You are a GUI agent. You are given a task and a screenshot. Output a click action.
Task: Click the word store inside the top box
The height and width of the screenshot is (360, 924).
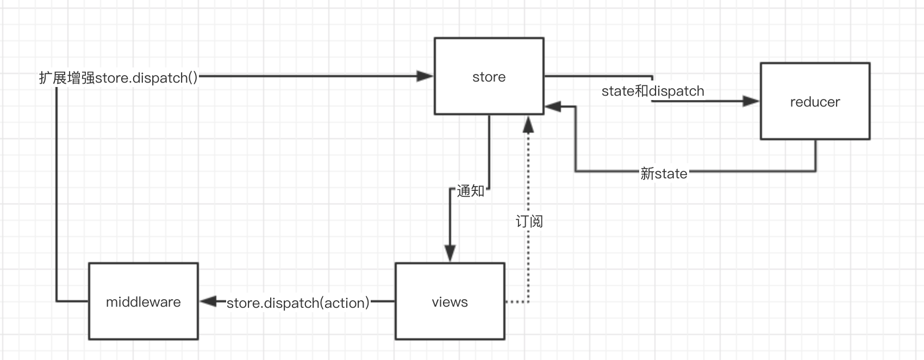click(x=489, y=77)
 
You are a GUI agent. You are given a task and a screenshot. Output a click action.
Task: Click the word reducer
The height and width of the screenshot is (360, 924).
click(x=815, y=102)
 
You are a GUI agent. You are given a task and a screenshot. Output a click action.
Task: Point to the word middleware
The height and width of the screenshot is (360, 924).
click(x=143, y=302)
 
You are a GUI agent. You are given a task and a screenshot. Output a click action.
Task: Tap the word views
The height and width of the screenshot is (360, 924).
click(x=449, y=302)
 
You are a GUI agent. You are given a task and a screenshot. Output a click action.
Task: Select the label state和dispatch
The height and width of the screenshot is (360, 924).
click(x=653, y=91)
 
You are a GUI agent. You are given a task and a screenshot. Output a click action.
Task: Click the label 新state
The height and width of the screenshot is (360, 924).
click(x=664, y=173)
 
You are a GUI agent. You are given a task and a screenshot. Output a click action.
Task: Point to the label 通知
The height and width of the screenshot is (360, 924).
click(x=470, y=191)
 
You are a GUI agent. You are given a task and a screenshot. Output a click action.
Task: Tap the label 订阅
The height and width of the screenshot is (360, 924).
click(x=529, y=221)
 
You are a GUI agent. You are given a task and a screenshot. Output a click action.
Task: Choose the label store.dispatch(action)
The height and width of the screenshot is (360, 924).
click(x=298, y=303)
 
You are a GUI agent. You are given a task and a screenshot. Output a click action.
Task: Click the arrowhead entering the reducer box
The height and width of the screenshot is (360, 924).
click(x=751, y=101)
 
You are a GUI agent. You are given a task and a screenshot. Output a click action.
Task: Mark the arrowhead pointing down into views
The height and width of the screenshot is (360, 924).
click(x=450, y=254)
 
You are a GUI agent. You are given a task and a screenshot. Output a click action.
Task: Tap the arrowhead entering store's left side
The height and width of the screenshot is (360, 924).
click(x=424, y=76)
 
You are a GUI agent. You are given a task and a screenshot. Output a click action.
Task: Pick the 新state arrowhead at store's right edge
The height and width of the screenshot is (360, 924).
click(x=553, y=107)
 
